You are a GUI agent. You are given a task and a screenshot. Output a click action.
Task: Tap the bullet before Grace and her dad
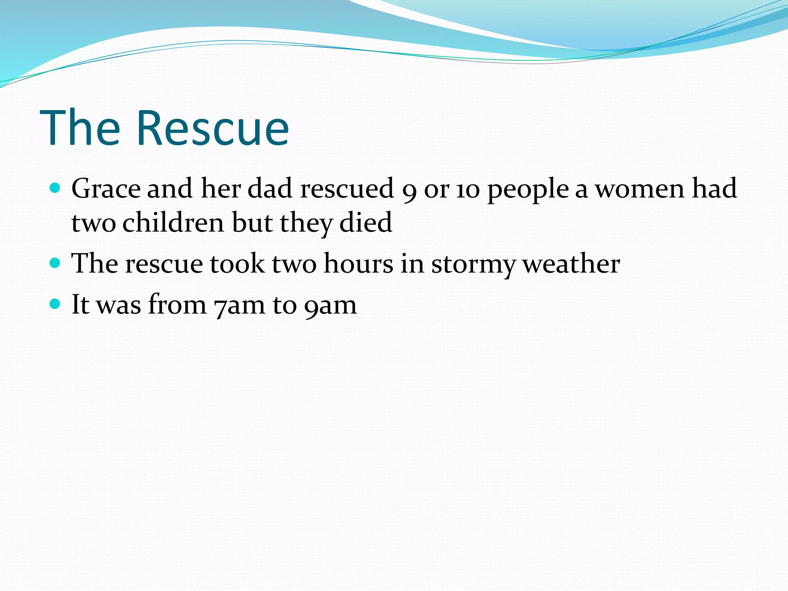click(x=55, y=188)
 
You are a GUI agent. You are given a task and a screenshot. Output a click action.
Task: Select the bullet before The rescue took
click(x=55, y=263)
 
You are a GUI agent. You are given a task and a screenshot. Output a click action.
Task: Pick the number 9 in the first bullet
click(x=409, y=190)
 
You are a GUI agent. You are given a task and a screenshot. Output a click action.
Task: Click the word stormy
click(x=472, y=265)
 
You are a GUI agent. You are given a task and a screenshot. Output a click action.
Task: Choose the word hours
click(x=358, y=264)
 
